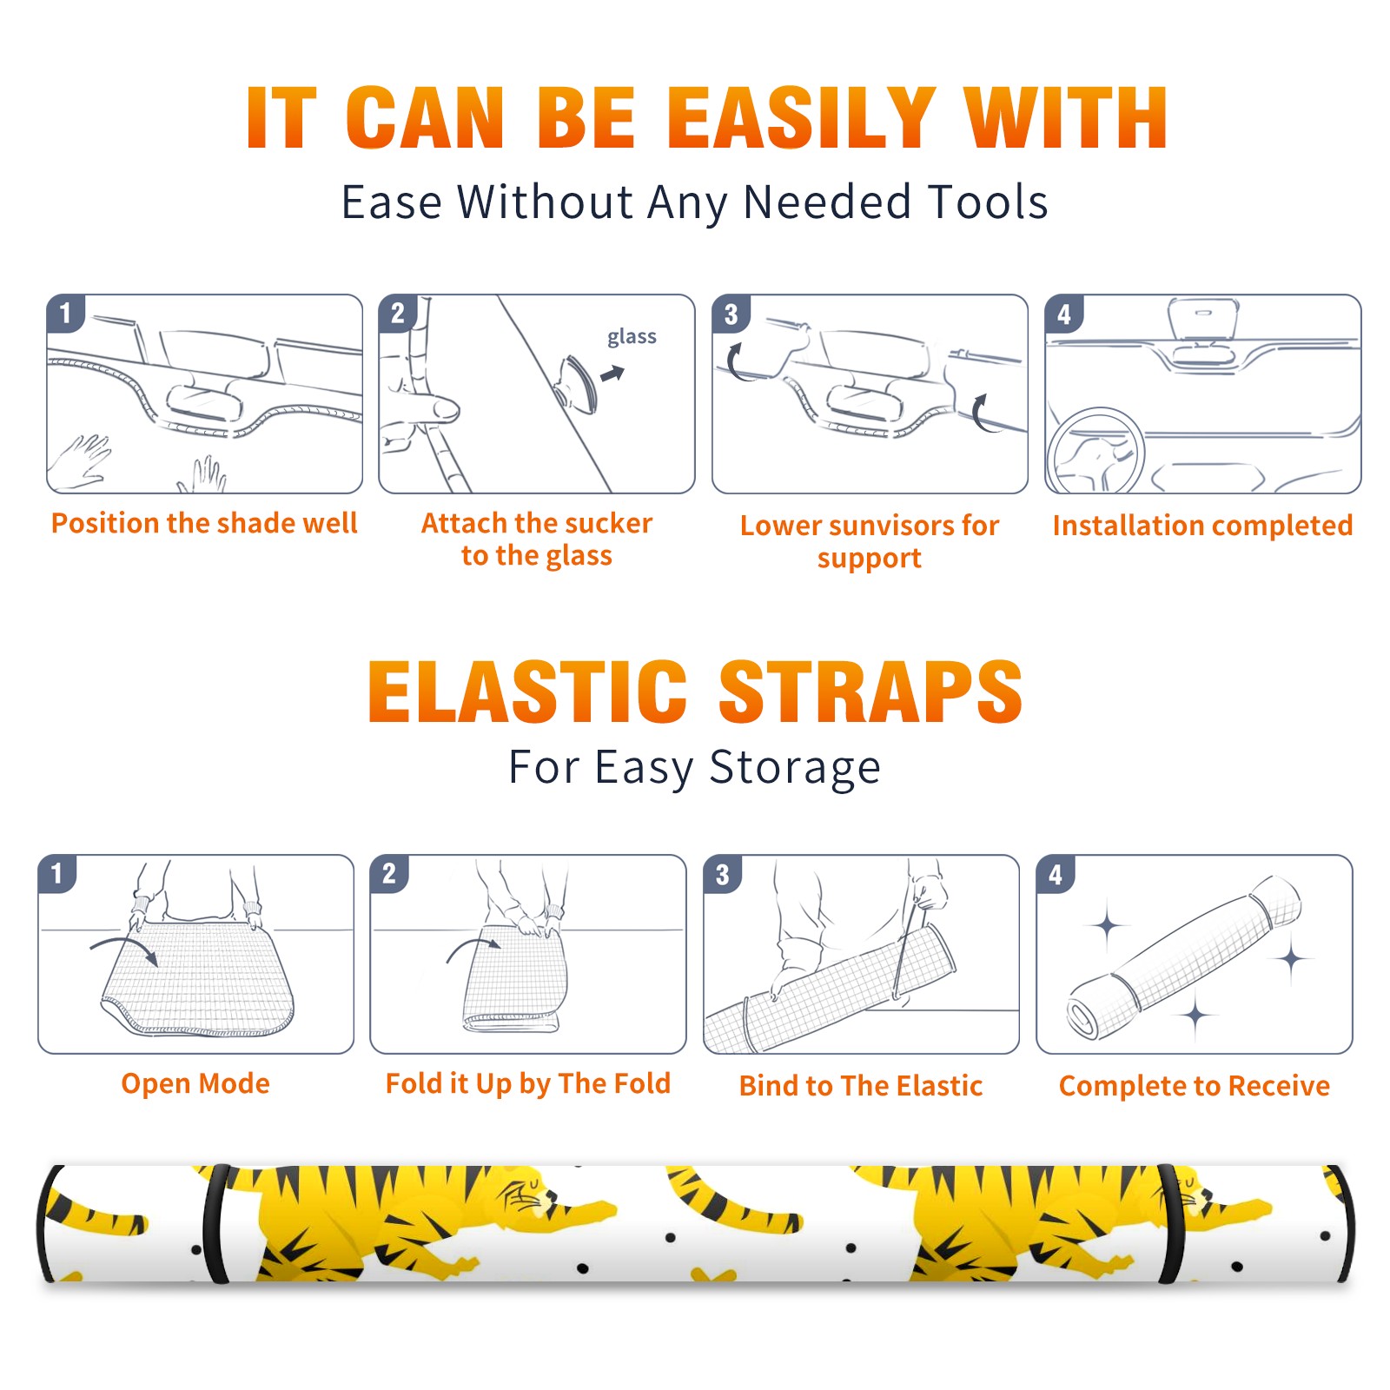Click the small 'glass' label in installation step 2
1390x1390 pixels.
632,337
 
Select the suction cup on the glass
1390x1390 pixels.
578,383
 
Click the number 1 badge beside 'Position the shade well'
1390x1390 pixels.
66,313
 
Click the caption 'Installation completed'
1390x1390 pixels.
1202,526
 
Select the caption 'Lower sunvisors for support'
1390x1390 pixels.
869,541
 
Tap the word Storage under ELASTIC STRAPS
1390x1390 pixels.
795,769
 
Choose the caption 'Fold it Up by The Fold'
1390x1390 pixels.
528,1083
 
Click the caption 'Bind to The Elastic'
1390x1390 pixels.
861,1086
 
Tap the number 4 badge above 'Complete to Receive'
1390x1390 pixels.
1056,873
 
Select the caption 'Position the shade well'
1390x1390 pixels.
204,523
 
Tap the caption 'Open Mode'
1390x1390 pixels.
195,1083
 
